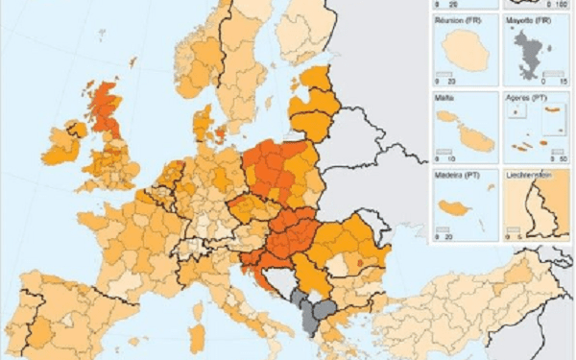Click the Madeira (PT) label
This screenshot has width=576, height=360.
click(x=459, y=175)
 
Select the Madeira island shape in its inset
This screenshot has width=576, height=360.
click(x=452, y=207)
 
